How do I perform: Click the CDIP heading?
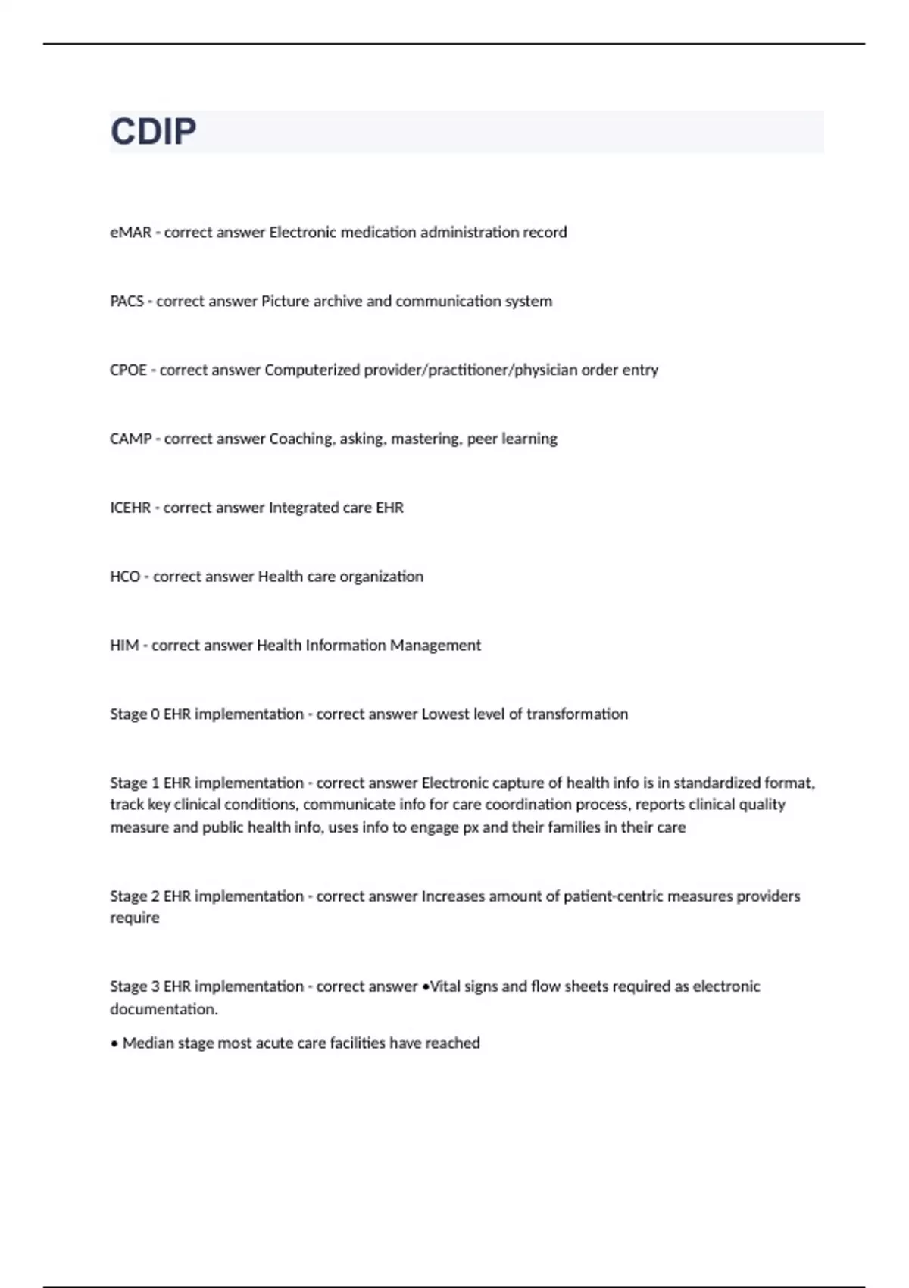point(154,132)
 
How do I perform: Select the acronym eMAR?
point(130,233)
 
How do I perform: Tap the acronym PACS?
point(127,302)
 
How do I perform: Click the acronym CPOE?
point(128,370)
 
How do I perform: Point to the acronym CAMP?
point(130,439)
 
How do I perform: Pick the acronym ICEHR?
point(130,508)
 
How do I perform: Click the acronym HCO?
point(125,577)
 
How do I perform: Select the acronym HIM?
point(124,646)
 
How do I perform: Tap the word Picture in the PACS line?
point(285,302)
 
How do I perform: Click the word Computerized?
point(312,370)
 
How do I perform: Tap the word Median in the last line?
point(148,1043)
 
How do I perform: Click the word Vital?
point(445,986)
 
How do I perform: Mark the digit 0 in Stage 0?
point(155,714)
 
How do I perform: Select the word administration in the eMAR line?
point(470,233)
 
